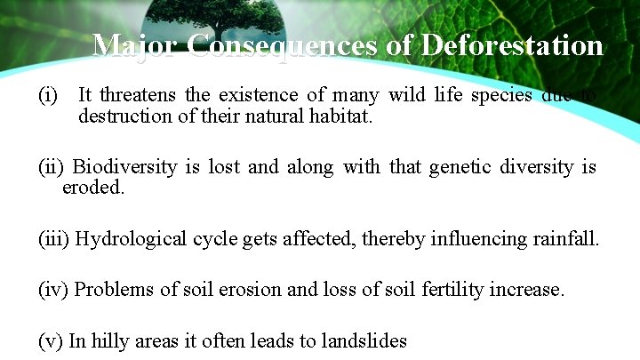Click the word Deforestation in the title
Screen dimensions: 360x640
(512, 45)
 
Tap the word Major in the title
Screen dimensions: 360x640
(137, 45)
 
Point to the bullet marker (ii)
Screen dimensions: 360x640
(52, 166)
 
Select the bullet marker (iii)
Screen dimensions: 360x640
(54, 238)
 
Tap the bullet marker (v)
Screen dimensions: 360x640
(50, 340)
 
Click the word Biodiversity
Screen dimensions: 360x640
(124, 166)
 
